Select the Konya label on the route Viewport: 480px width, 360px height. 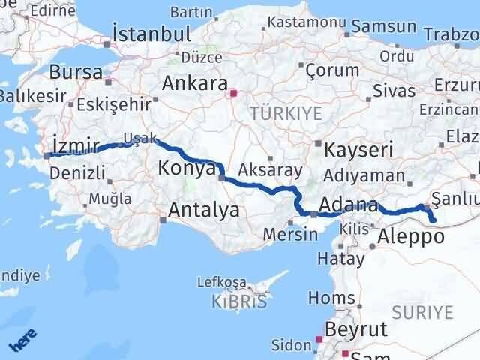coord(187,169)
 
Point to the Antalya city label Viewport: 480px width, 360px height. coord(204,211)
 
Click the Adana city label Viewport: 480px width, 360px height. coord(348,205)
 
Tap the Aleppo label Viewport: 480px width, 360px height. coord(411,237)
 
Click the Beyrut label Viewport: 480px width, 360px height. coord(356,328)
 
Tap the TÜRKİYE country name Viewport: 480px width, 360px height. coord(286,113)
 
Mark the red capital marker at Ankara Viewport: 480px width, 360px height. coord(233,94)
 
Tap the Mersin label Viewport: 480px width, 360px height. coord(290,233)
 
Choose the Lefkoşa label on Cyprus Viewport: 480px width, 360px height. coord(221,282)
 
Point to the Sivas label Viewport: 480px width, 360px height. coord(397,91)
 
